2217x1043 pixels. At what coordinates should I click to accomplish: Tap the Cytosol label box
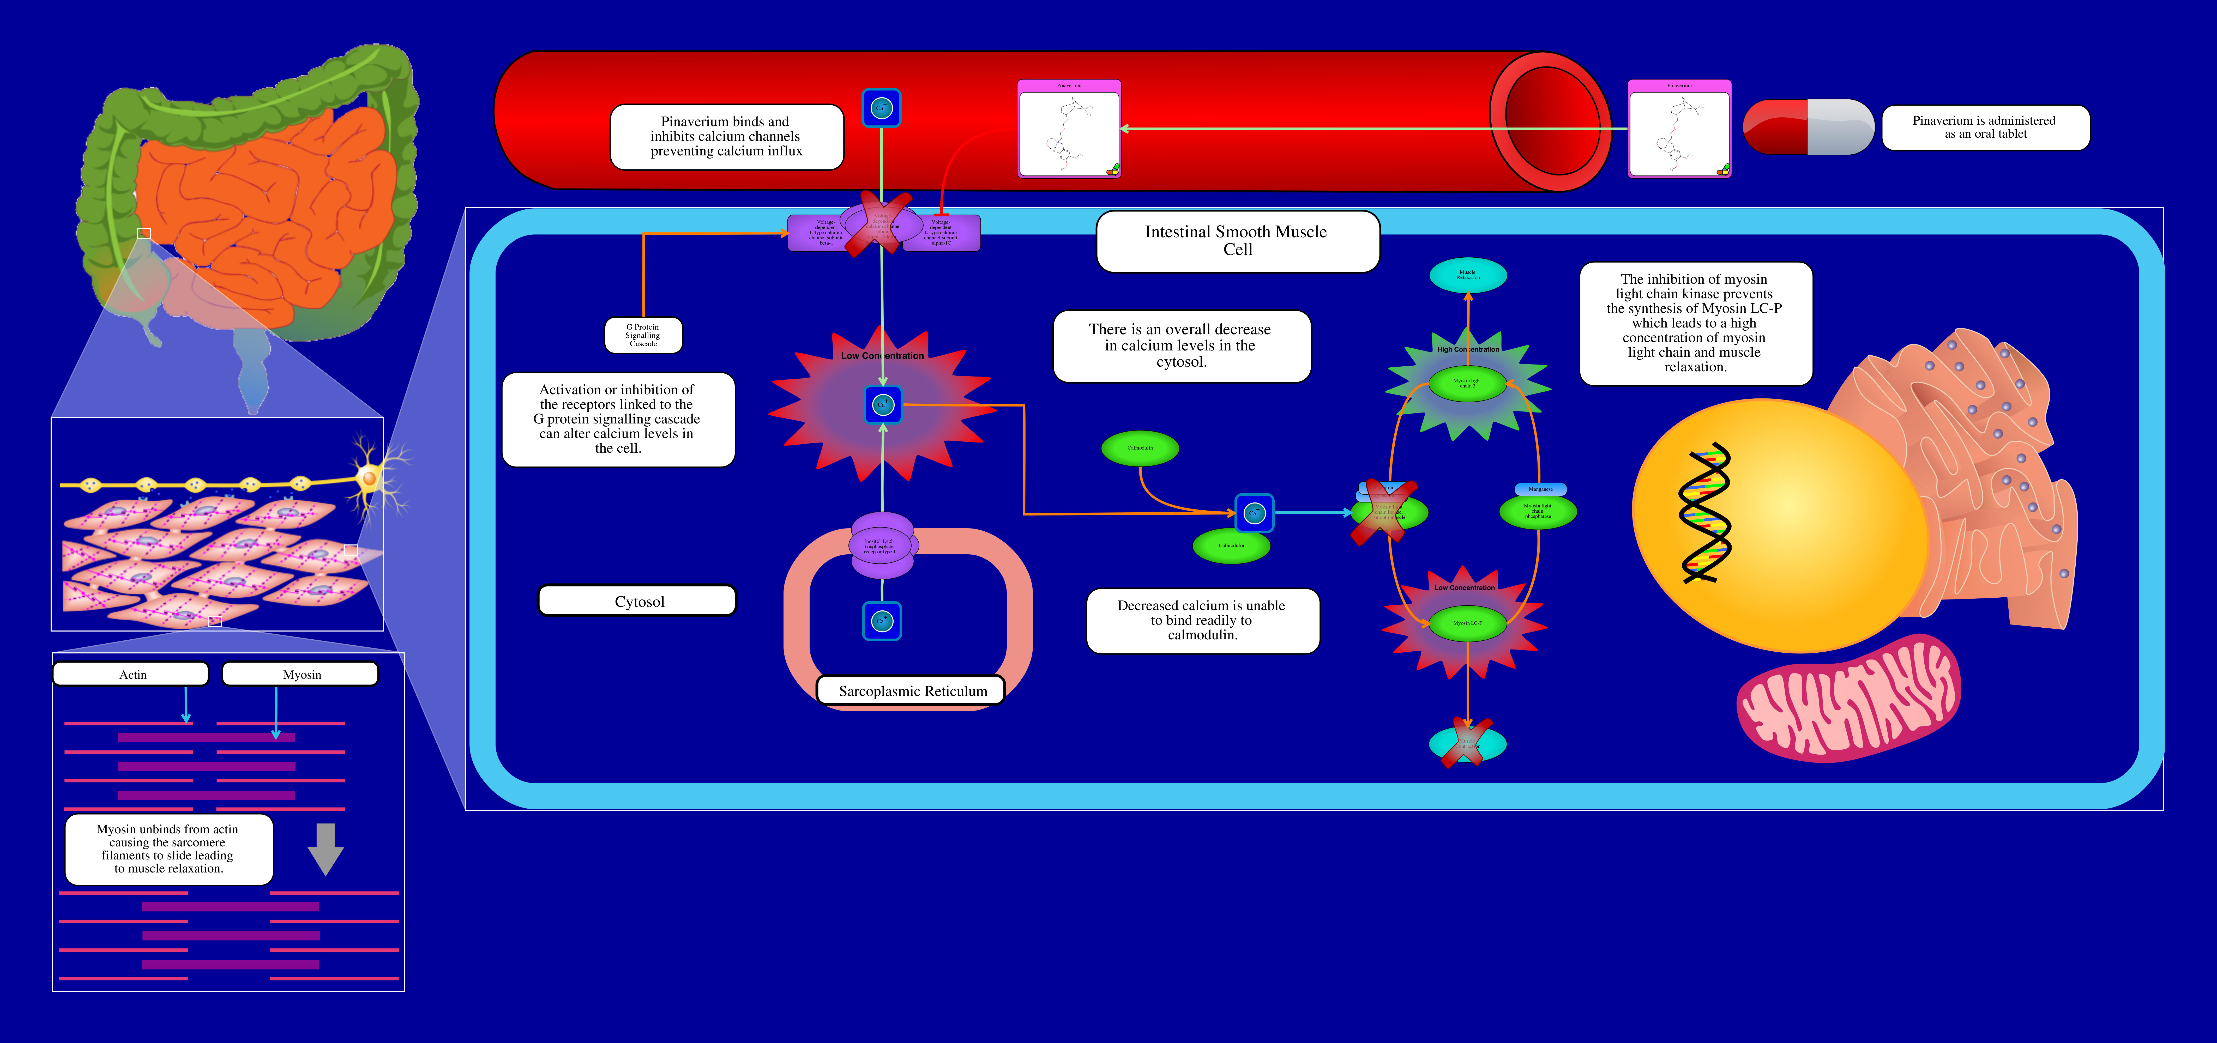638,601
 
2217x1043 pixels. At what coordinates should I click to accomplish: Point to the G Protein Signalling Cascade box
643,335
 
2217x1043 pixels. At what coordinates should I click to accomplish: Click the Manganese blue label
1540,489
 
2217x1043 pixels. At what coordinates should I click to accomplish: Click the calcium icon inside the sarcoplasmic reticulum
881,621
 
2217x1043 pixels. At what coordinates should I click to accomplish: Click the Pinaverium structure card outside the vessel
1679,129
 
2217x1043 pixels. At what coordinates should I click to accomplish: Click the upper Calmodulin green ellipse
1140,447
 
